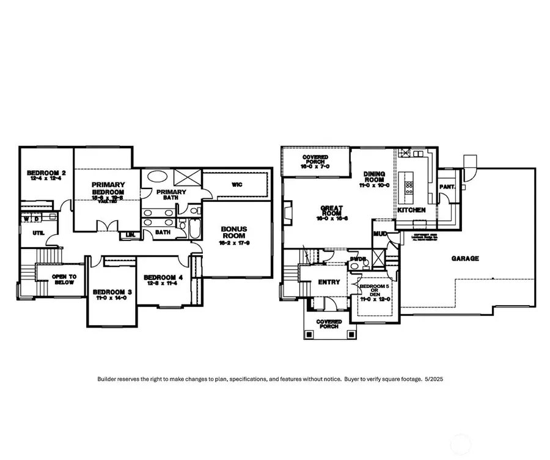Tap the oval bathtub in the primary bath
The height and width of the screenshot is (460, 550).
click(x=158, y=179)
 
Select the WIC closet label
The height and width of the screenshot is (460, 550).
click(x=238, y=184)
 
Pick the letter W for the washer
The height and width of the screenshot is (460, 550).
click(x=26, y=218)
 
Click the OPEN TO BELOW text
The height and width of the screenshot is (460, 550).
click(x=63, y=279)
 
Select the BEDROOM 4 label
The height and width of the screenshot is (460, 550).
click(x=163, y=278)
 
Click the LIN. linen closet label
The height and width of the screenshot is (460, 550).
click(x=130, y=234)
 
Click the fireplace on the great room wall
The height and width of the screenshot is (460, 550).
click(x=288, y=213)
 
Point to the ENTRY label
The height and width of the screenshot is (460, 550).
click(x=329, y=282)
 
